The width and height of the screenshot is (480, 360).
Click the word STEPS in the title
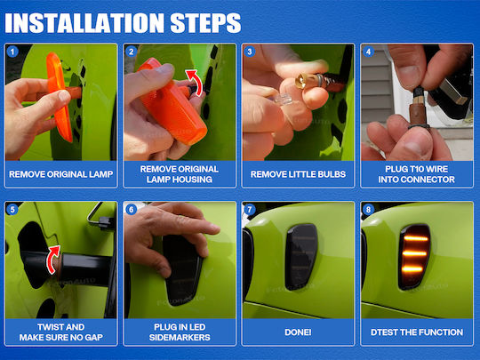click(x=205, y=23)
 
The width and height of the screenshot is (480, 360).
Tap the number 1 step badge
click(x=12, y=52)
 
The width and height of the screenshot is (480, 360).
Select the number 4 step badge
click(x=368, y=52)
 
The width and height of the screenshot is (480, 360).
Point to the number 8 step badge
click(x=368, y=210)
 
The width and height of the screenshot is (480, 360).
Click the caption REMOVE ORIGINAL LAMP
click(x=61, y=174)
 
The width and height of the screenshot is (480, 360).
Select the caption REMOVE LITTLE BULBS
click(x=298, y=174)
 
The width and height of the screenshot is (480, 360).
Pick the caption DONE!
click(x=298, y=332)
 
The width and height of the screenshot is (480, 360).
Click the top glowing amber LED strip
click(x=416, y=238)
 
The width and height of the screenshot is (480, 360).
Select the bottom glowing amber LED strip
click(x=412, y=269)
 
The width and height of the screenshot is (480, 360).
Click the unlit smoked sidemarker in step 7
click(x=301, y=257)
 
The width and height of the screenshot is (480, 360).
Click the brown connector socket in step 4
click(x=419, y=114)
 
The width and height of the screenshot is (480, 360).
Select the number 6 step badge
click(x=131, y=210)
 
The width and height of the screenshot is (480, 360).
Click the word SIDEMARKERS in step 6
click(x=180, y=338)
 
